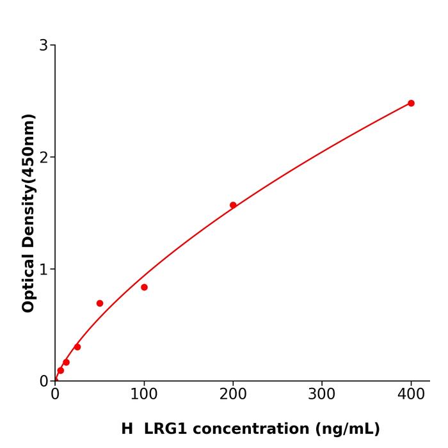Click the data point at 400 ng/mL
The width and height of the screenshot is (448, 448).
(411, 103)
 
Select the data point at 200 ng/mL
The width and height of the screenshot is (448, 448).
(233, 205)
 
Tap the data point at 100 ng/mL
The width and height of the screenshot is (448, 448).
(144, 287)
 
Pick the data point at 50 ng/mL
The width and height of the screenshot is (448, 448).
(100, 303)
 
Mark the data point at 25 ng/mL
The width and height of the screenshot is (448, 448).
(77, 347)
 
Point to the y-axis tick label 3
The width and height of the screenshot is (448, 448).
(44, 45)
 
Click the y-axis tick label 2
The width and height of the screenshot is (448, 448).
(44, 157)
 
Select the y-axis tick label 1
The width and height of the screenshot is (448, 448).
(44, 269)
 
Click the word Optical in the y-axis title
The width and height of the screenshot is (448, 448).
(28, 282)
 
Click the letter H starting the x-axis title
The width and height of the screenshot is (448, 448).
(127, 429)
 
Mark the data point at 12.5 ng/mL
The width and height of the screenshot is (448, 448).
(66, 362)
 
